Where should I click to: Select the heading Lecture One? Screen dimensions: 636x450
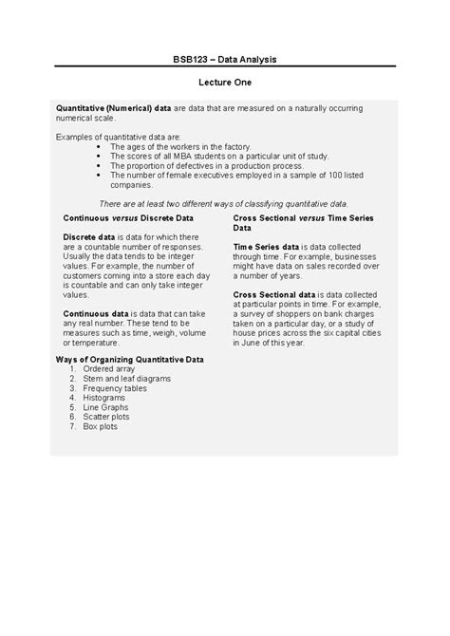pos(225,84)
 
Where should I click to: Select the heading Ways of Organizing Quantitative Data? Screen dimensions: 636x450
pos(129,360)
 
